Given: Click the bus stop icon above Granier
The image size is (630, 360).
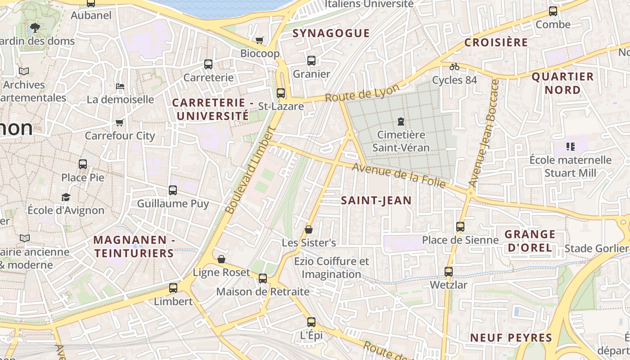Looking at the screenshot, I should point(311,61).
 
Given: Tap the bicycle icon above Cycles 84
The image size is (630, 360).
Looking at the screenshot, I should point(454,67).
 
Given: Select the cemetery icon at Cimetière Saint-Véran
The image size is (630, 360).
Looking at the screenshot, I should point(400,121).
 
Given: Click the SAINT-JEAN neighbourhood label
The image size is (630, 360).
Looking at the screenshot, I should point(376,201).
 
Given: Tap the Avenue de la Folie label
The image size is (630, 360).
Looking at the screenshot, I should point(399,175).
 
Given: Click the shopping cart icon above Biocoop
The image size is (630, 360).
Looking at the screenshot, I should point(259,40).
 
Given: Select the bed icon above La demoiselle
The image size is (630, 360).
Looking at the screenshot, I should point(120,86).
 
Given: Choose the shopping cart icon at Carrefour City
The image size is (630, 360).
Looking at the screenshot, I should point(119,122).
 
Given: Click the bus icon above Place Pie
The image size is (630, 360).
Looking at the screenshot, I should point(83,164).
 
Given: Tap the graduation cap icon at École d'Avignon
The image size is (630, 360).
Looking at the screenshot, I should point(66,197).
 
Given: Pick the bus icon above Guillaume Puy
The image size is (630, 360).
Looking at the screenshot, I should point(173,190).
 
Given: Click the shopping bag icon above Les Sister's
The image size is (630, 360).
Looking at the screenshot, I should point(309,229).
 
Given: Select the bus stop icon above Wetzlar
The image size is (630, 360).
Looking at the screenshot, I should point(448,272).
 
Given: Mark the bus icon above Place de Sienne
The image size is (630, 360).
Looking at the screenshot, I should point(460,227).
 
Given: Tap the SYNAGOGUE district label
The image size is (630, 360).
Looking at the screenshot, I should point(331,33).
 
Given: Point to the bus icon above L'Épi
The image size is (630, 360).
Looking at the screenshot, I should point(311,322).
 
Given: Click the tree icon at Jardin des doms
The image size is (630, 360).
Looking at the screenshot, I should point(35,28).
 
